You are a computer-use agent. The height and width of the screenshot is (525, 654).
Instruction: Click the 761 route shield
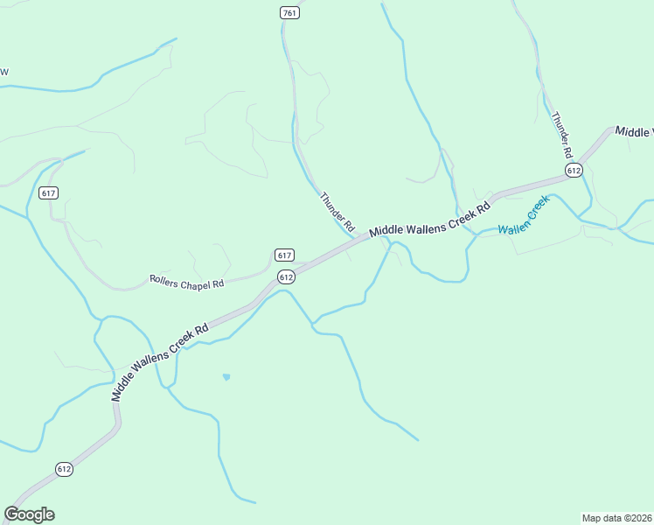(290, 12)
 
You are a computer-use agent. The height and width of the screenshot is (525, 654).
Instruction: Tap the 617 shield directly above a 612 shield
(283, 255)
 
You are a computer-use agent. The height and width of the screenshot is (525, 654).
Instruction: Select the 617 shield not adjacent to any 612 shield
(49, 192)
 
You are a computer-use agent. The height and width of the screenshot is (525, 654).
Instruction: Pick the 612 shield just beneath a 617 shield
(286, 276)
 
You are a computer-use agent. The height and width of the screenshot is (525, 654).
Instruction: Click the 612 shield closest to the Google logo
(64, 469)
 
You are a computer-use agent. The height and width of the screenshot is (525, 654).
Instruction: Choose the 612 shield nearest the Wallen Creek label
(574, 171)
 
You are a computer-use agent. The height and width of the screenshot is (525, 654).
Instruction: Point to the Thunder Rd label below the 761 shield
(337, 212)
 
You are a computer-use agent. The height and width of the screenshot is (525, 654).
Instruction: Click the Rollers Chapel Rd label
(186, 283)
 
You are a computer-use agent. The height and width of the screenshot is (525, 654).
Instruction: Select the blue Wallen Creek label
(523, 216)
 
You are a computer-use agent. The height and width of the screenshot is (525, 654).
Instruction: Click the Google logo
(29, 514)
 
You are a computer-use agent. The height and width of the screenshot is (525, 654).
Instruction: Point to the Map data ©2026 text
(616, 517)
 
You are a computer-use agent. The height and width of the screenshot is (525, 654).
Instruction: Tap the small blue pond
(226, 377)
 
